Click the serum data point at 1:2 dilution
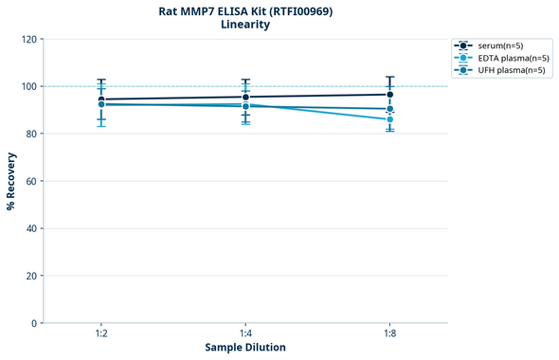[101, 99]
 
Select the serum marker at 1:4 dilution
[245, 97]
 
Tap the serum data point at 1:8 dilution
[389, 95]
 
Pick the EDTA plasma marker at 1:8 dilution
[389, 119]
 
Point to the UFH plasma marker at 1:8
[389, 109]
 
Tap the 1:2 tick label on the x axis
[101, 334]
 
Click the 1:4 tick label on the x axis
[245, 334]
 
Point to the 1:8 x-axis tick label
[389, 334]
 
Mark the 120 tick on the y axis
[28, 39]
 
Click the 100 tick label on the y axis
[28, 86]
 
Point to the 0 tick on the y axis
[34, 323]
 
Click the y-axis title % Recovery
[11, 181]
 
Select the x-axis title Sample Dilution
[245, 348]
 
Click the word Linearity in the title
[245, 25]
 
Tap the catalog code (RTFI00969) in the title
[294, 11]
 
